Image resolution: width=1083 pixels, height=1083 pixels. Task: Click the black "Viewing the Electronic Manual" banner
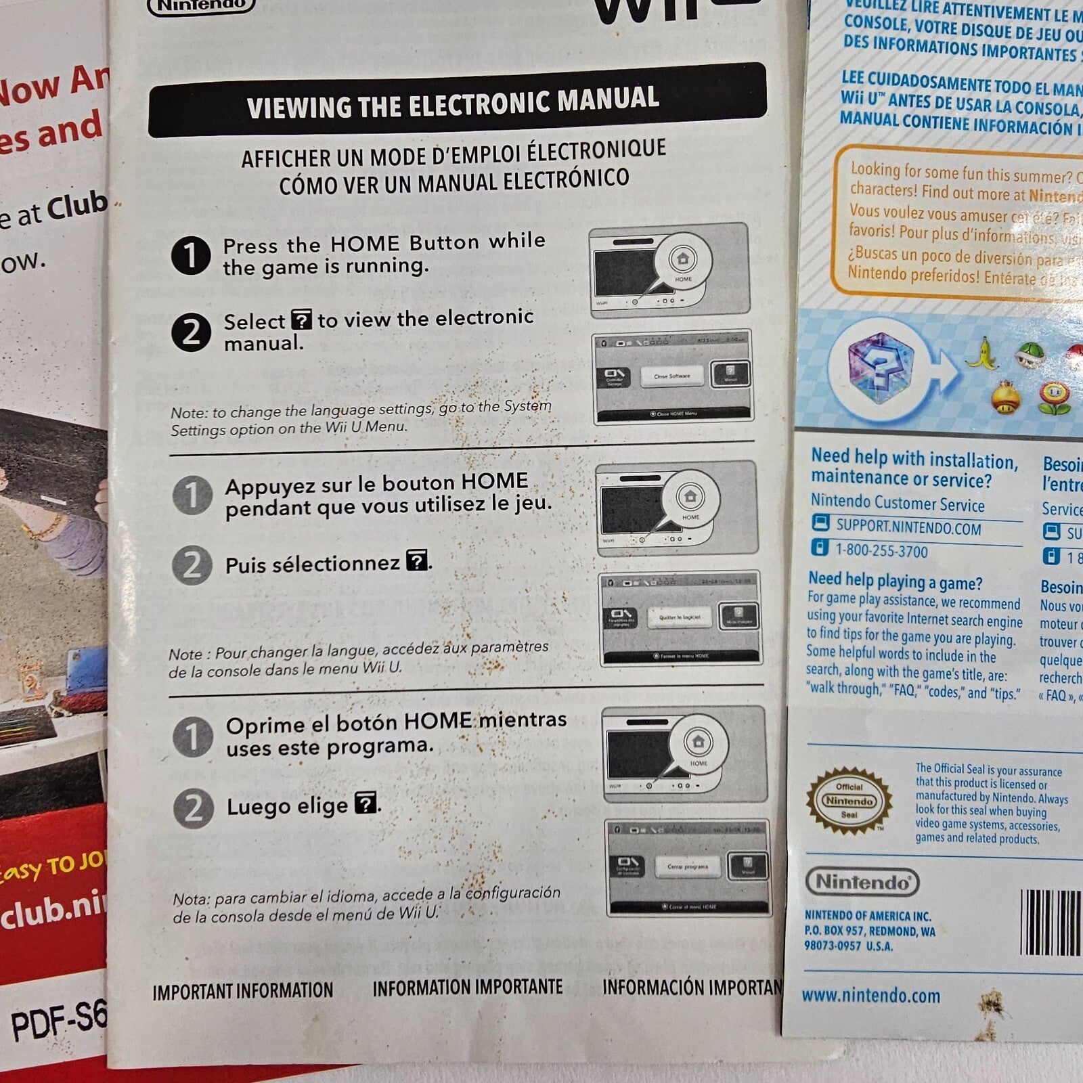(x=457, y=100)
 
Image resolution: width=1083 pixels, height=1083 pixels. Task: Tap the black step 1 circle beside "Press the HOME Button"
(x=191, y=255)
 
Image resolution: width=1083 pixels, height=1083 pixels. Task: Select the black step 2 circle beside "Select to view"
(x=191, y=332)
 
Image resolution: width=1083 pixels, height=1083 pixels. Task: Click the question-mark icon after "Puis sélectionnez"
(x=416, y=560)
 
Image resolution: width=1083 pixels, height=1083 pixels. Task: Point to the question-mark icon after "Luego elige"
(x=366, y=803)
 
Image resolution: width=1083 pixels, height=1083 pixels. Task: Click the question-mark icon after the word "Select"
(x=301, y=319)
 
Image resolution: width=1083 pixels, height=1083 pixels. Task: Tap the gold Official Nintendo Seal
(x=849, y=801)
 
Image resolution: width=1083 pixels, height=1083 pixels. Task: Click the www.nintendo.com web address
(x=871, y=996)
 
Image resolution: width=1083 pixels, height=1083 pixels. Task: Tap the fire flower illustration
(x=1055, y=397)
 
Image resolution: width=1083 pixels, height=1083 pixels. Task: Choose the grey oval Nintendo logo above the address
(x=862, y=882)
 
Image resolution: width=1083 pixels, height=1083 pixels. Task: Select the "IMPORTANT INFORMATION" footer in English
(x=242, y=992)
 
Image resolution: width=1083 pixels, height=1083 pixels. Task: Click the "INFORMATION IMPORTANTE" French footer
(x=467, y=988)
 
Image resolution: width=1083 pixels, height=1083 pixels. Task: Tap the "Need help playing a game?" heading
(x=895, y=581)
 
